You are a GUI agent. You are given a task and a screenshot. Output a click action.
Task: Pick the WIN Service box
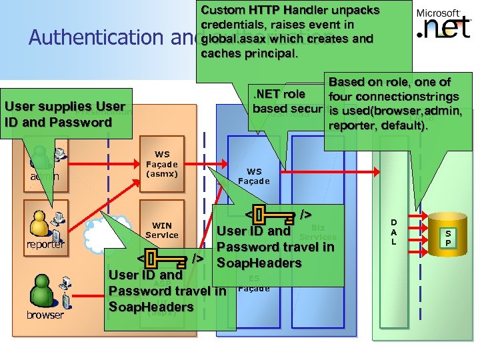click(161, 231)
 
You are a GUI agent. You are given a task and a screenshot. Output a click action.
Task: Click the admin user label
click(44, 176)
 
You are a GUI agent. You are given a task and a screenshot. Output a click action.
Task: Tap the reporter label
click(45, 244)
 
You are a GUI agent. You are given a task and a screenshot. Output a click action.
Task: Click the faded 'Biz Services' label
click(318, 232)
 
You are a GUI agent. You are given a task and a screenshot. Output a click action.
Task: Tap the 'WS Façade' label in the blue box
click(254, 177)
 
